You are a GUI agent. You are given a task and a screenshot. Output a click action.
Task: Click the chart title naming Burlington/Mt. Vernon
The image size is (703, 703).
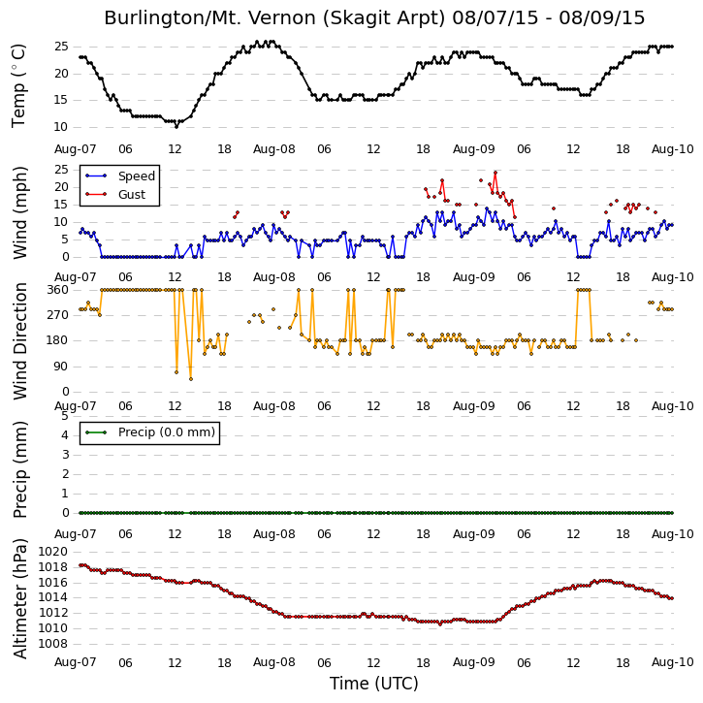coord(374,18)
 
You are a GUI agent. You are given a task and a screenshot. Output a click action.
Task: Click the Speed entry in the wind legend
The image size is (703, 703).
coord(137,176)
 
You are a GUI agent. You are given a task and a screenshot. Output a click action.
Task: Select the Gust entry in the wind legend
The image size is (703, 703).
coord(132,195)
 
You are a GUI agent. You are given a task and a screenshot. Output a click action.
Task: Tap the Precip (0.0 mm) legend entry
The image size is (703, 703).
coord(167,432)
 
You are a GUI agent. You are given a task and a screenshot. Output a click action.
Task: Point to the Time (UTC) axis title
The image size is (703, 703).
coord(374,684)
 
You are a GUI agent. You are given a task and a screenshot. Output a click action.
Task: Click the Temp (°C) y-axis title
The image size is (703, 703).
coord(18,85)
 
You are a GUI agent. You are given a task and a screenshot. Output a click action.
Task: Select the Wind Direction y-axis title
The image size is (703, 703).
coord(19,340)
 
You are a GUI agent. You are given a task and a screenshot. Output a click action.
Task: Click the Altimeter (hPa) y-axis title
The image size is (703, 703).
coord(19,598)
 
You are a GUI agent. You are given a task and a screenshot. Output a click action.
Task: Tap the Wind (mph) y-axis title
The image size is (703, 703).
coord(19,212)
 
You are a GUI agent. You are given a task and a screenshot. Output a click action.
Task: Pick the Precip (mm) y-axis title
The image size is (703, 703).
coord(19,469)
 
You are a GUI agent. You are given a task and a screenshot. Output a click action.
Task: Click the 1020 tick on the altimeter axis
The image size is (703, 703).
coord(52,552)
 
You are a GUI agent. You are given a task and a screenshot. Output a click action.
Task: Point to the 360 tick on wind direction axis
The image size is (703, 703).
coord(58,290)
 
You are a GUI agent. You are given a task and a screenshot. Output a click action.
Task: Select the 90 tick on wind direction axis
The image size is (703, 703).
coord(61,367)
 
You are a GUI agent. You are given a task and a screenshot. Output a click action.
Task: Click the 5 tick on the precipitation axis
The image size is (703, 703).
coord(66,416)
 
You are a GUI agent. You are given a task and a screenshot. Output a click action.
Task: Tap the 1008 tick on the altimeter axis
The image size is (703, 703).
coord(52,644)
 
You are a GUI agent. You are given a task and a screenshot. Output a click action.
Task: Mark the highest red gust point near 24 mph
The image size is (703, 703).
coord(495,173)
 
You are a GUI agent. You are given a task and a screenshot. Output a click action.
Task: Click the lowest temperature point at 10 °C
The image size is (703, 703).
coord(176,127)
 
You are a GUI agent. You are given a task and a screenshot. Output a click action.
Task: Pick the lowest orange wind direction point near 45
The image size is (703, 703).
coord(191,379)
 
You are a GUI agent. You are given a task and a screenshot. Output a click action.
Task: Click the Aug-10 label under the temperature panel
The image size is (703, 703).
coord(672,149)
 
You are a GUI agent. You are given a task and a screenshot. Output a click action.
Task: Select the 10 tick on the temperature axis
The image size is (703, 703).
coord(60,127)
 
